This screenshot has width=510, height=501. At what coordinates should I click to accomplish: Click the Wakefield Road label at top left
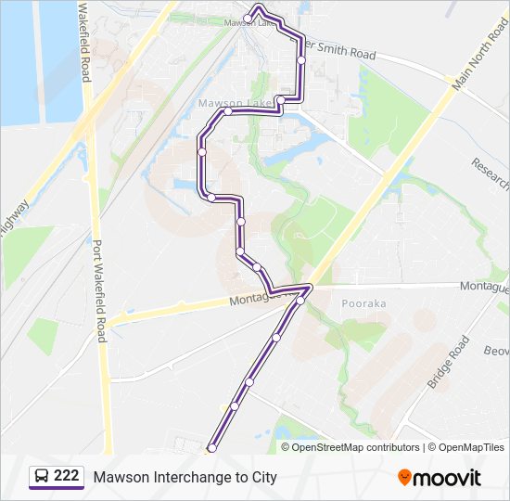click(x=84, y=41)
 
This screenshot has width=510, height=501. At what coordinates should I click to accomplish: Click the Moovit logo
click(x=440, y=478)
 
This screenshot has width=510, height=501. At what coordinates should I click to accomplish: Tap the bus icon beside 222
click(x=42, y=477)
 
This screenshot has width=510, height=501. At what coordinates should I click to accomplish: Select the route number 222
click(x=66, y=477)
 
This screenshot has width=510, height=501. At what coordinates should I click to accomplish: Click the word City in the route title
click(x=262, y=478)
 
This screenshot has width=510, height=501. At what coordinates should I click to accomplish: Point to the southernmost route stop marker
click(x=211, y=448)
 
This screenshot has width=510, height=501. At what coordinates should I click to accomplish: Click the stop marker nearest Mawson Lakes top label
click(x=249, y=18)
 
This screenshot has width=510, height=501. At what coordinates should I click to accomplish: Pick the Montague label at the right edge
click(x=484, y=288)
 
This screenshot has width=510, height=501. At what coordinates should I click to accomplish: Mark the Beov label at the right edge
click(x=496, y=351)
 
